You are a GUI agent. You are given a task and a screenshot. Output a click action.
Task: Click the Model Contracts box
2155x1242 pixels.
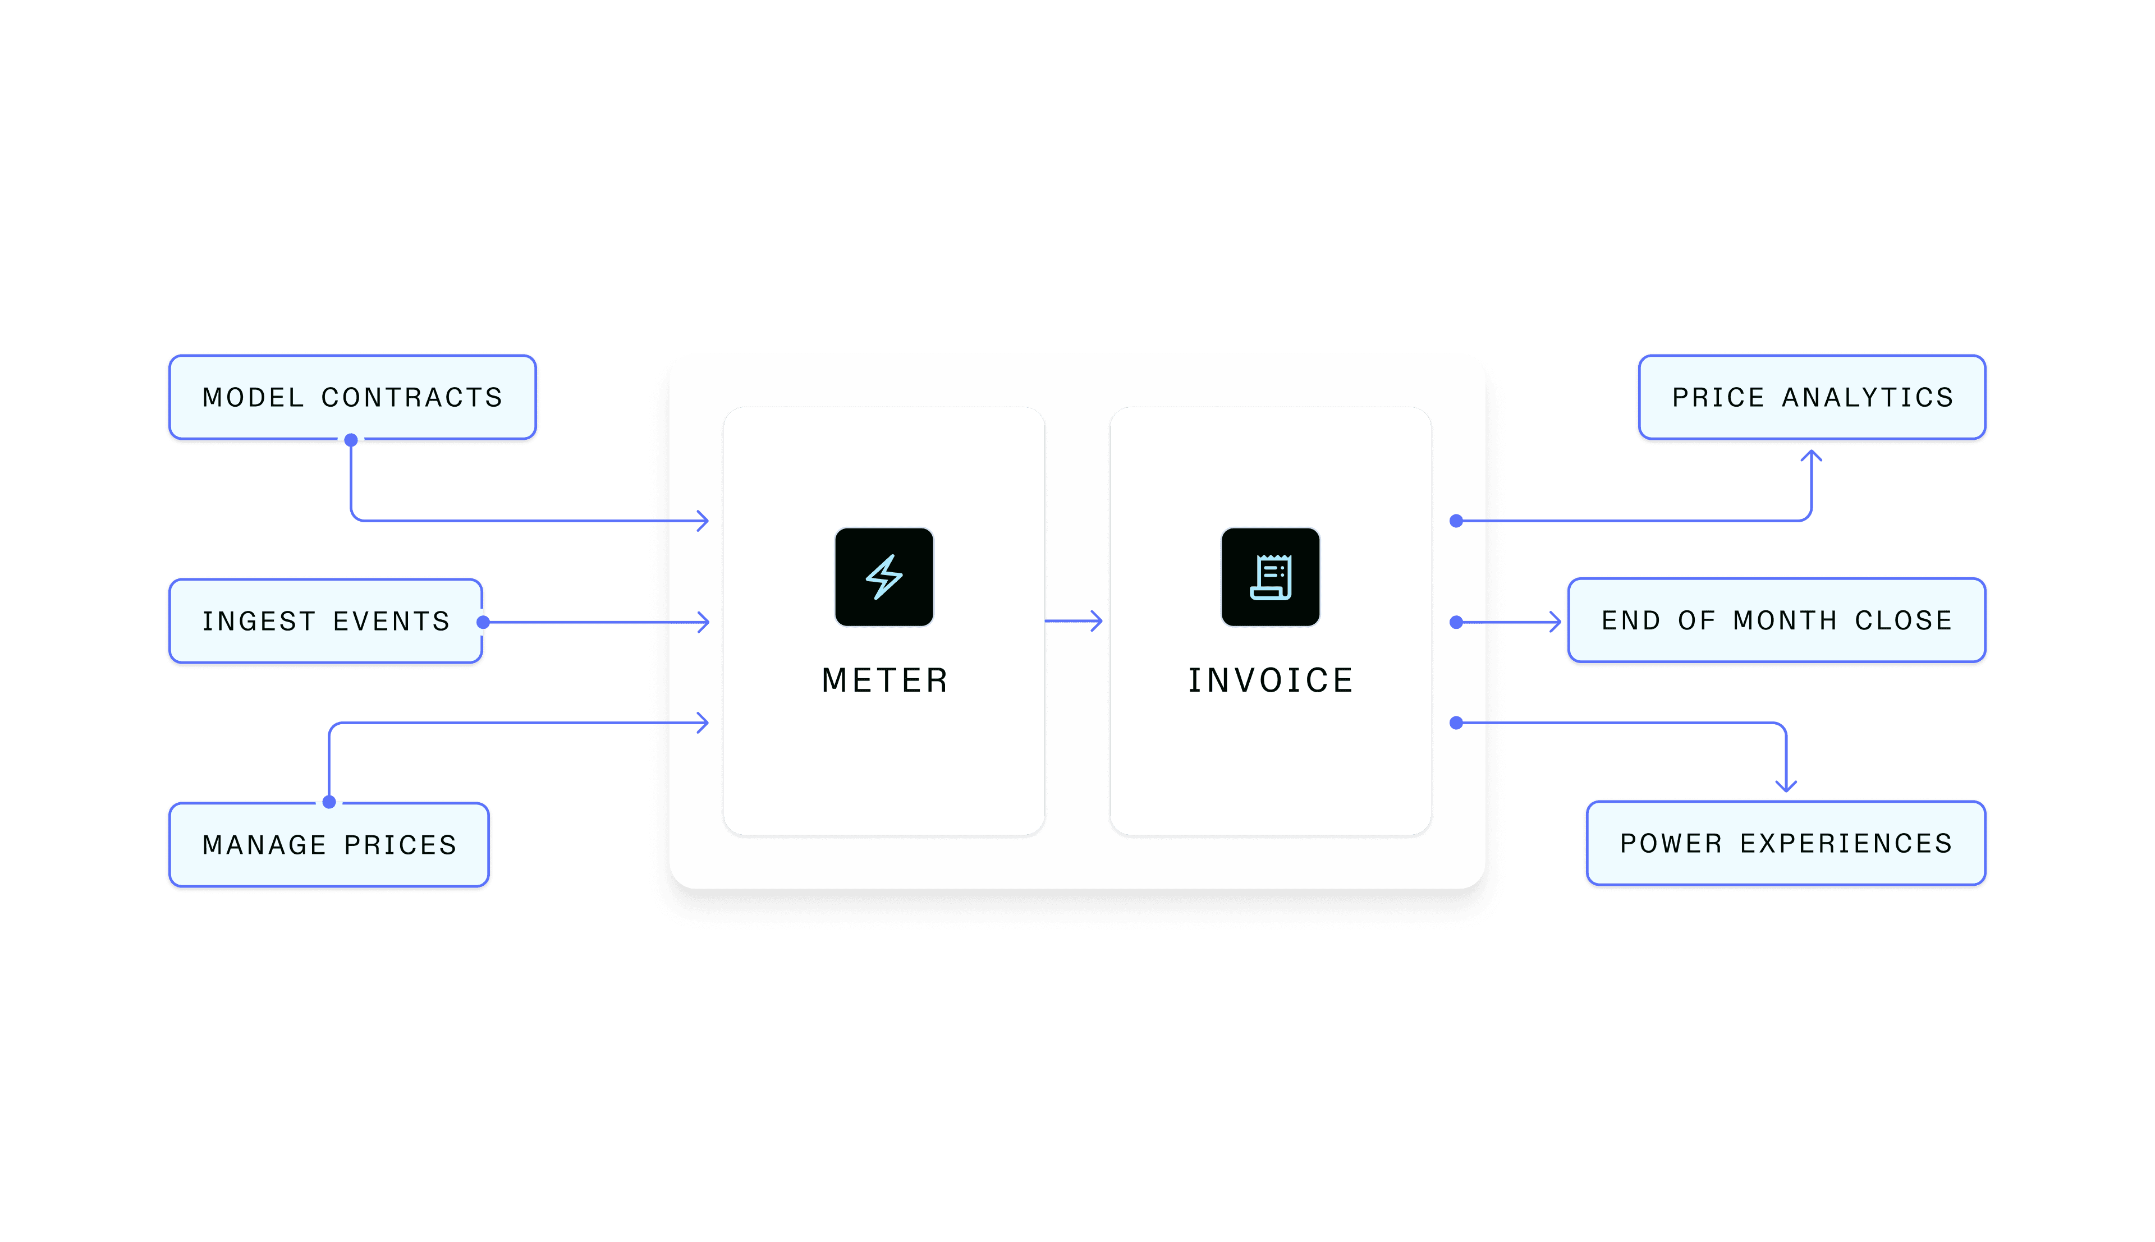coord(352,398)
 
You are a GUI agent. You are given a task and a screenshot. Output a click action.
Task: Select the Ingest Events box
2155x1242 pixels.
coord(326,621)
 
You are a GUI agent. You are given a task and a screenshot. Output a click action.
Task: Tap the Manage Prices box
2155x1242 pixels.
coord(329,844)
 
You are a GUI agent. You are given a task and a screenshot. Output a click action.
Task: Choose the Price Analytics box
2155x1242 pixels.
coord(1812,398)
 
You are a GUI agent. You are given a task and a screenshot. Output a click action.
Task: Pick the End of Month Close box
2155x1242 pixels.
coord(1777,620)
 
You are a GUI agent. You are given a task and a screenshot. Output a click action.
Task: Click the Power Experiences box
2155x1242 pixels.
coord(1786,843)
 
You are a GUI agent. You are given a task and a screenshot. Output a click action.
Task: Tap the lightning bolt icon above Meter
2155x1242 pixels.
coord(884,577)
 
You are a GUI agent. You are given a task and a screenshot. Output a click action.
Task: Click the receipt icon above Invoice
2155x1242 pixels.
coord(1271,577)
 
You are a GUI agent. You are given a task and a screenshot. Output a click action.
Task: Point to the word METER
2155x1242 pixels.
coord(884,680)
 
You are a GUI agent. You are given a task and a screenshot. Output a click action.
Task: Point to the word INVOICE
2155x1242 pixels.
coord(1271,680)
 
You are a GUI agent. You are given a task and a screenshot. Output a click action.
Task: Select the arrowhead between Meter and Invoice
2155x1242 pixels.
coord(1095,621)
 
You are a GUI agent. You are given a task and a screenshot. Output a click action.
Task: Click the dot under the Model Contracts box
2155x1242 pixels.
coord(351,440)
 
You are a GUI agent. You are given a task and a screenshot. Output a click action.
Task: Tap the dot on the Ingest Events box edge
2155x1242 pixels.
coord(483,622)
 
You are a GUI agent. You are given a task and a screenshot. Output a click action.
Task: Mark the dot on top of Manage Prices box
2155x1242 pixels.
coord(329,802)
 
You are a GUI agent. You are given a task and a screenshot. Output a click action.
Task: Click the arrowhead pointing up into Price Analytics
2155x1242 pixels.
coord(1811,457)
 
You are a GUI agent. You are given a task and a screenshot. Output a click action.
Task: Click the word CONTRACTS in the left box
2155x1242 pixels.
coord(412,398)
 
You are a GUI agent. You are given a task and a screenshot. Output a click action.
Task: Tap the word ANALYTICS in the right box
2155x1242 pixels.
coord(1868,398)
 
